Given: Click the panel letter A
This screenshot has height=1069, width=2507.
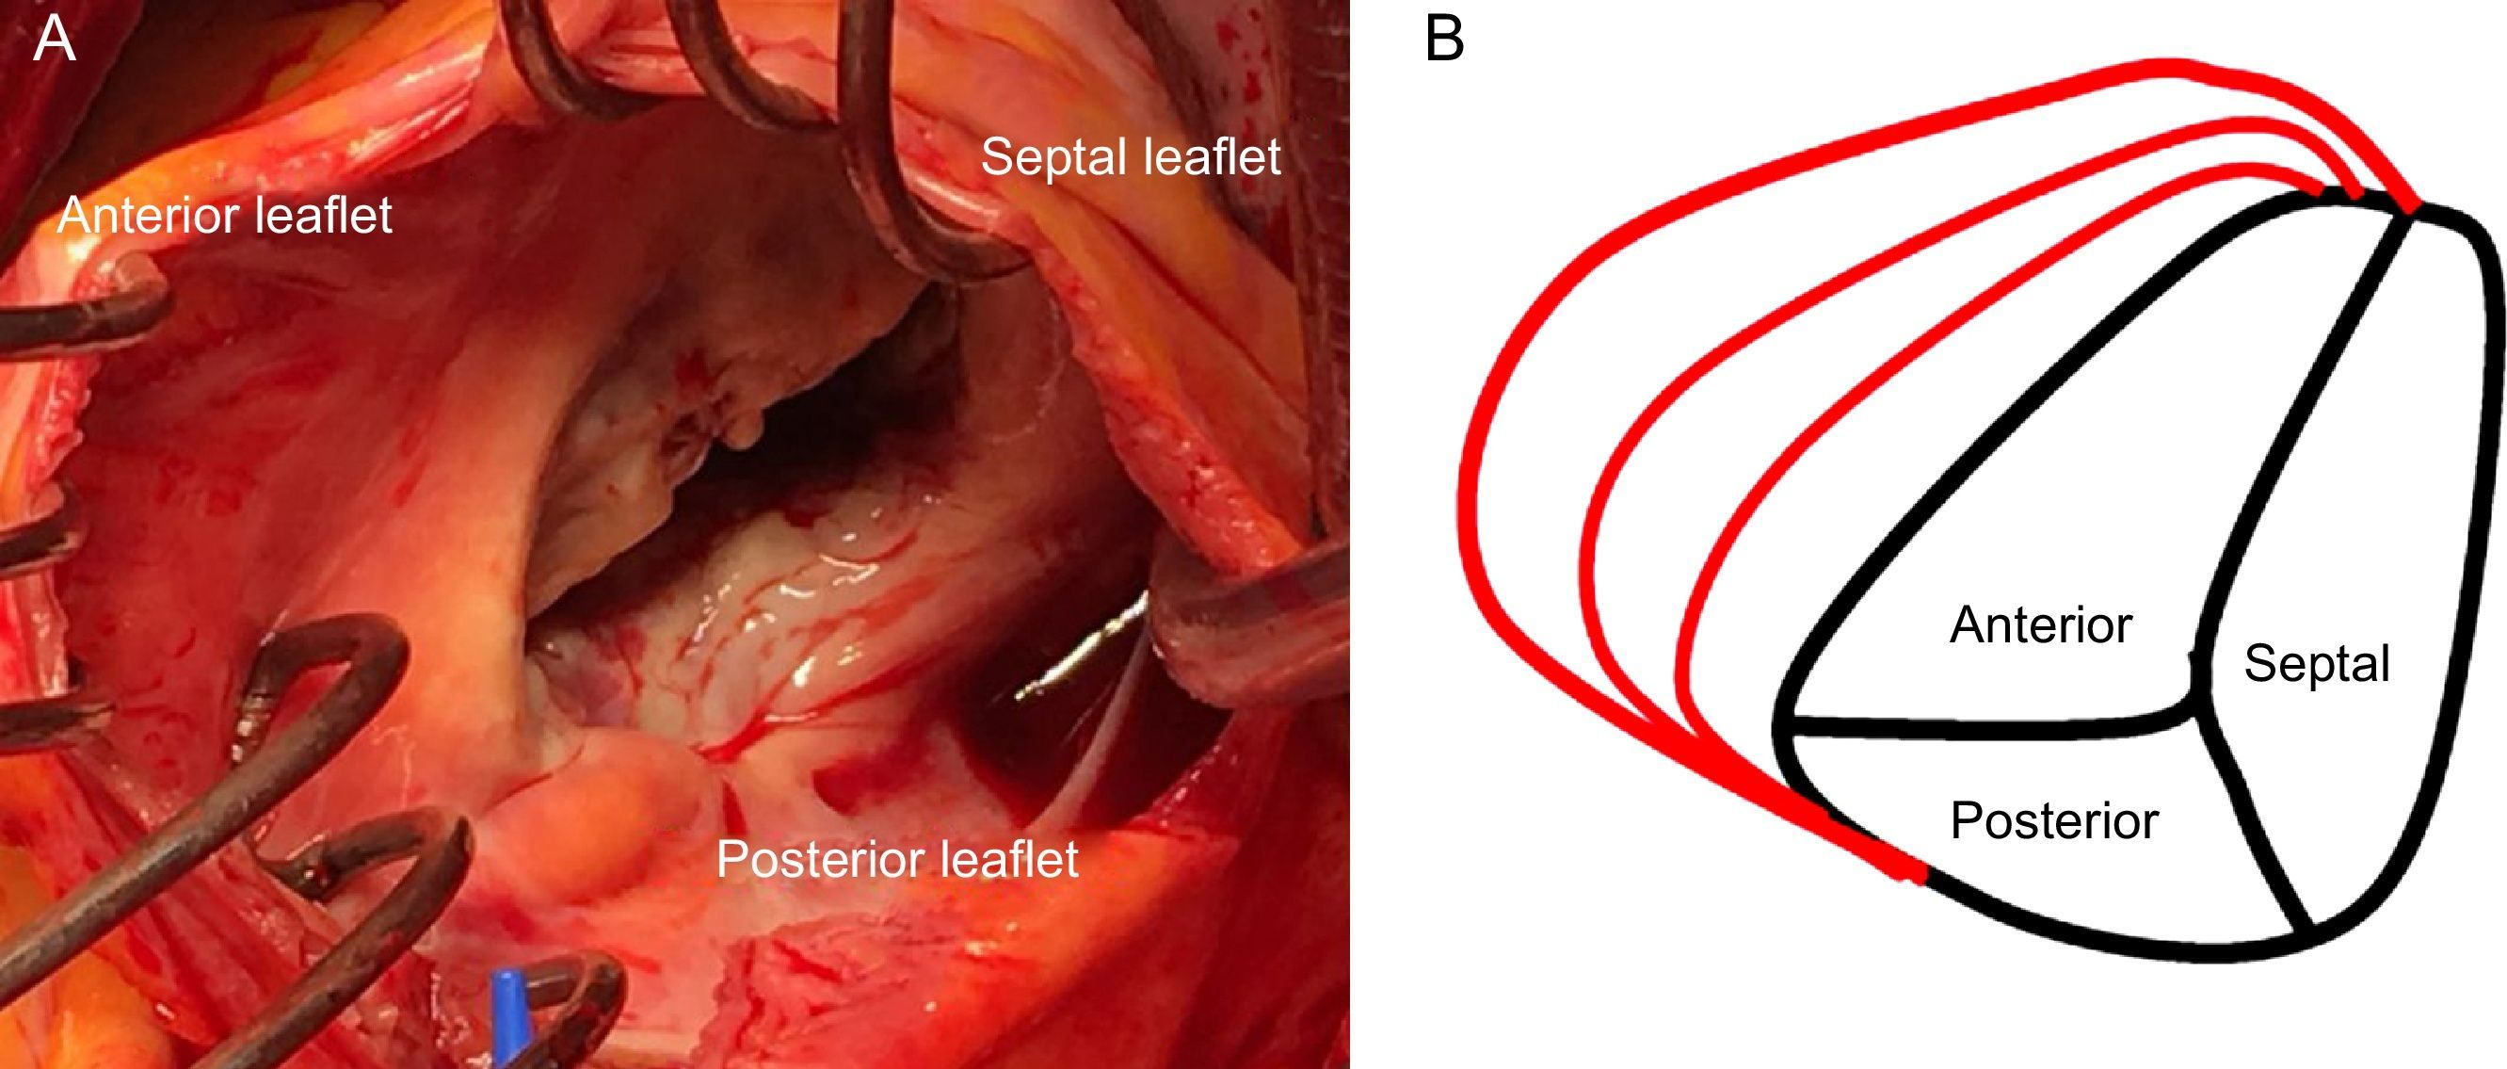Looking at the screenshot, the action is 54,40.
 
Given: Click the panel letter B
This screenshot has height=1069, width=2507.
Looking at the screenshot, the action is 1443,40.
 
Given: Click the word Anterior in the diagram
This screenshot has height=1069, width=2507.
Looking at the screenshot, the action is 2041,624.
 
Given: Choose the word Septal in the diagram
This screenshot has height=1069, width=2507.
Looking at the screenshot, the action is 2316,664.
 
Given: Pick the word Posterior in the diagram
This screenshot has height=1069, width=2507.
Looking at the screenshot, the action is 2054,820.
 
